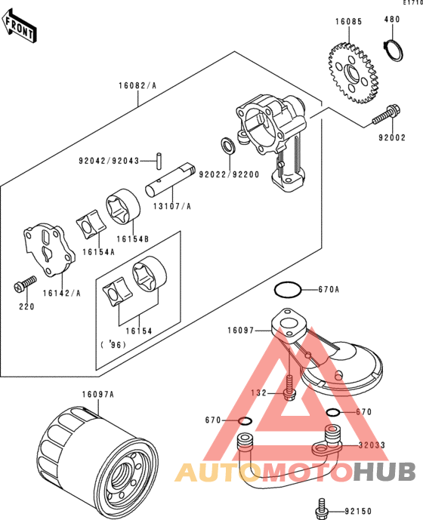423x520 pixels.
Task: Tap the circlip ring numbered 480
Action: click(394, 50)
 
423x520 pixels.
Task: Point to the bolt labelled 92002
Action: click(386, 115)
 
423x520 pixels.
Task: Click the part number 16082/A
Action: click(137, 86)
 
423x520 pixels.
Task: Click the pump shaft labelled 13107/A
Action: click(170, 179)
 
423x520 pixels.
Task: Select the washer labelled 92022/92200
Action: click(228, 145)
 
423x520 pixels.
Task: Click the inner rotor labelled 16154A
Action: click(91, 223)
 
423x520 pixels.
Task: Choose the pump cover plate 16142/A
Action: click(49, 249)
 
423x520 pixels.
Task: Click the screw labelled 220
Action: click(25, 284)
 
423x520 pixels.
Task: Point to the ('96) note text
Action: click(113, 345)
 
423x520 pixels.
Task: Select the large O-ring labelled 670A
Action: click(288, 290)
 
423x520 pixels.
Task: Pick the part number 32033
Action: click(372, 445)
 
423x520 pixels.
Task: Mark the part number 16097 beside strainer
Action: click(241, 331)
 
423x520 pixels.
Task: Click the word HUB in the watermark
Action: click(384, 472)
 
